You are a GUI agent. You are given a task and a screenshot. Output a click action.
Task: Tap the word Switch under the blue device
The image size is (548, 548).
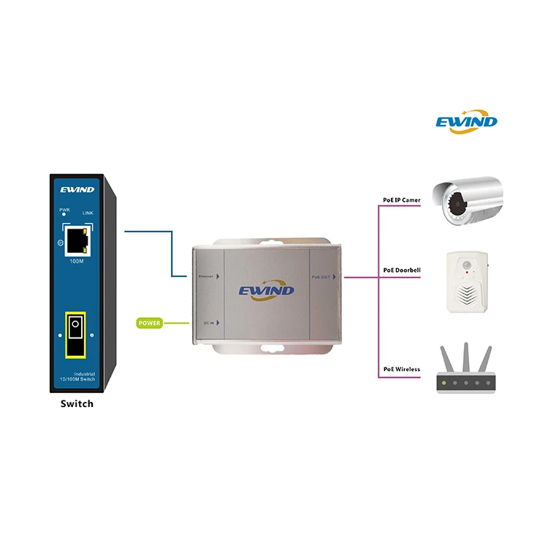pyautogui.click(x=77, y=403)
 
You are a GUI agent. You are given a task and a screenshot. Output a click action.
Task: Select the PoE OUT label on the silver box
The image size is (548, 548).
pyautogui.click(x=321, y=277)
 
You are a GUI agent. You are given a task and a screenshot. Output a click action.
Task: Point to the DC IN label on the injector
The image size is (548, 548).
pyautogui.click(x=208, y=322)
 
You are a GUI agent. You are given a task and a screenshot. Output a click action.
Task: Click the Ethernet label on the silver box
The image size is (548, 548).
pyautogui.click(x=206, y=277)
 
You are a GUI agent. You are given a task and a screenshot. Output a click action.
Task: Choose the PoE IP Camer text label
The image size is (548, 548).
pyautogui.click(x=401, y=200)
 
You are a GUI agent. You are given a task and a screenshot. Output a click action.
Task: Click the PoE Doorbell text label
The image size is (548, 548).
pyautogui.click(x=401, y=270)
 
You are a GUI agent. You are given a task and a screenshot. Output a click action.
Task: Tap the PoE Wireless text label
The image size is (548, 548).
pyautogui.click(x=401, y=370)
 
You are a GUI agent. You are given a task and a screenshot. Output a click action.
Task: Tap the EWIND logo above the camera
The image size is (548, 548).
pyautogui.click(x=466, y=121)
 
